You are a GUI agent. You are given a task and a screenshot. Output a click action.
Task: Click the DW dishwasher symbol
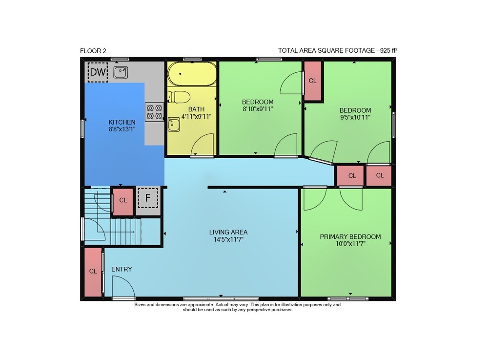98,72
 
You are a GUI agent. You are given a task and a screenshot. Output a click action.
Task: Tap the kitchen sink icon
121,72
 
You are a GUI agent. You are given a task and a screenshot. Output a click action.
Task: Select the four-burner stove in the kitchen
154,112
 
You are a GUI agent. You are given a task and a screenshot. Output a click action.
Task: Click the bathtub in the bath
192,74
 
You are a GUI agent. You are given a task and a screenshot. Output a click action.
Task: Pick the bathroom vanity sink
174,124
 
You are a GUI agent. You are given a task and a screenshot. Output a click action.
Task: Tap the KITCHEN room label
122,122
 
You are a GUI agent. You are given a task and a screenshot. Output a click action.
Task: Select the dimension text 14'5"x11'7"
228,239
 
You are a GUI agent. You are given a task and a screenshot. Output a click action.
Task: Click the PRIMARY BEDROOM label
350,237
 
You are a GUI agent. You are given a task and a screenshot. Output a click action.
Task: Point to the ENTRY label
122,269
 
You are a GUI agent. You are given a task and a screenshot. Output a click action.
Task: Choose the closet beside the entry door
93,272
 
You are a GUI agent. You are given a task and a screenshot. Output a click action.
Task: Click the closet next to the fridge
123,201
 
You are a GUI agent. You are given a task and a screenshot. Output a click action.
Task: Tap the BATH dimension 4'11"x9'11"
196,116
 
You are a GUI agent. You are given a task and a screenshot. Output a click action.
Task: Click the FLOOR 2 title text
93,51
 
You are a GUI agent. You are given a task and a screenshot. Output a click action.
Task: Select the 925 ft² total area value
389,50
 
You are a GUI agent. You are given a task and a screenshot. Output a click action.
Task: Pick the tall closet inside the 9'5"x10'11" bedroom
312,81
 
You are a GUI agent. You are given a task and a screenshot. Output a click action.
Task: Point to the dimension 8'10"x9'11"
258,109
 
